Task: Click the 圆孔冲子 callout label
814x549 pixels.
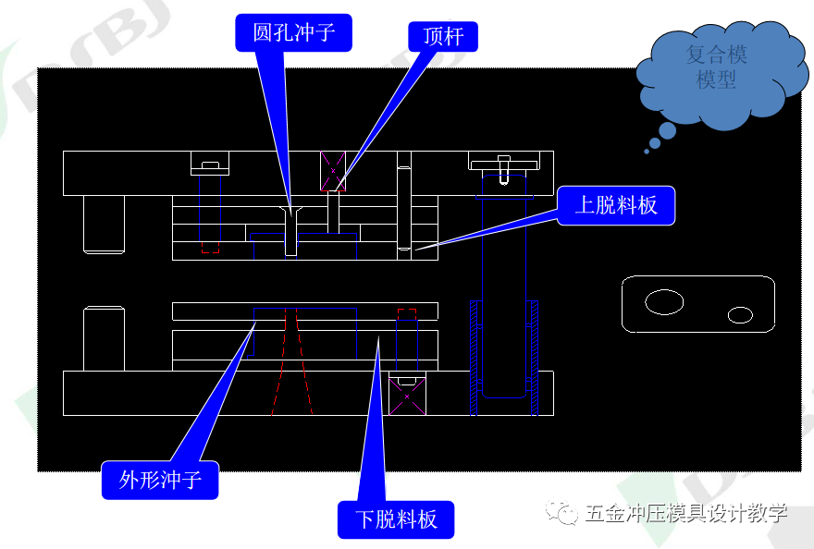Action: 292,33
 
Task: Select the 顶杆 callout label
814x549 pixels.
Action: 442,37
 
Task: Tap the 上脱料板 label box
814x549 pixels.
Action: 616,205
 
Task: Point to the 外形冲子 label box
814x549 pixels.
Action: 160,480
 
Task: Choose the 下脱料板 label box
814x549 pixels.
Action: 396,518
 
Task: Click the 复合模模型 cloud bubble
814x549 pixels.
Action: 716,68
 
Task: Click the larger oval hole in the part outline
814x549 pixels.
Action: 664,301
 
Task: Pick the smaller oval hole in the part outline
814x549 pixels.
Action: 740,315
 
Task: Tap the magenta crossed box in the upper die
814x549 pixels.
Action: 332,171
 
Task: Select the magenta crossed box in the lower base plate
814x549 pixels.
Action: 407,396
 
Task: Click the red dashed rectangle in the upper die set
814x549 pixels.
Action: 211,247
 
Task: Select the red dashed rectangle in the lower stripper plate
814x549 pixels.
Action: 406,313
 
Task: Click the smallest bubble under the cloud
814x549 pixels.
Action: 647,151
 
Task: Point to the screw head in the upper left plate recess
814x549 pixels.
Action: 210,166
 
